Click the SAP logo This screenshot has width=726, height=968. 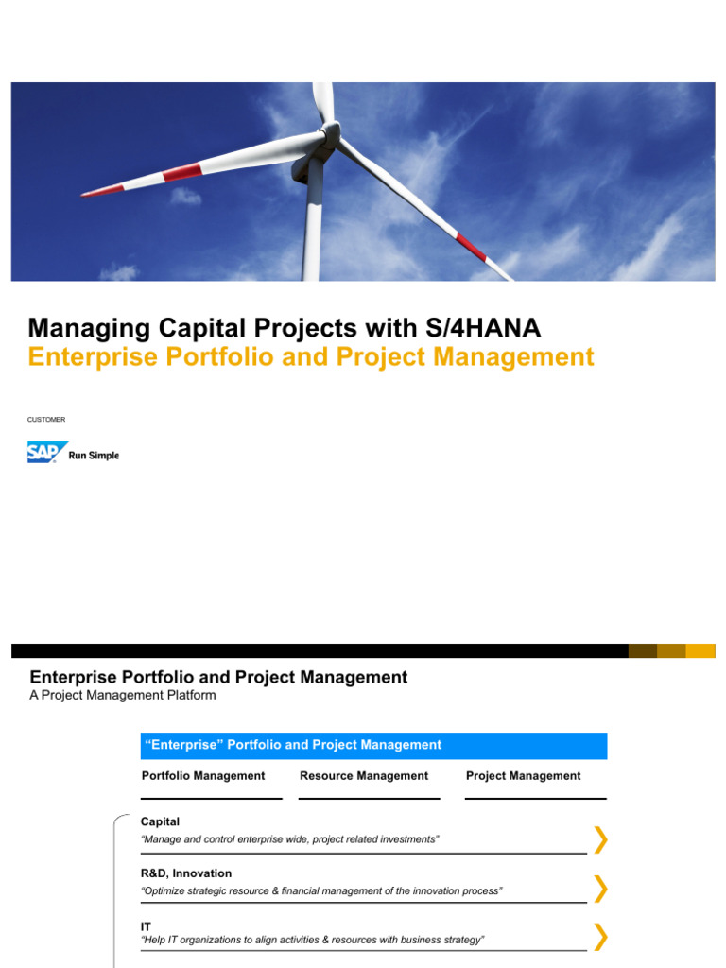point(47,453)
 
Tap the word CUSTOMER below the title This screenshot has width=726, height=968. point(46,419)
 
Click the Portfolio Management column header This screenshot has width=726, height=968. point(203,776)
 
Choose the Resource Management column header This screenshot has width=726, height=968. point(364,776)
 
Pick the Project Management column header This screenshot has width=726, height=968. point(524,776)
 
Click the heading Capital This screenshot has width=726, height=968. point(160,822)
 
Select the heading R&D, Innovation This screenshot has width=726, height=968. point(186,873)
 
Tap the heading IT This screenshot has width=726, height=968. point(146,926)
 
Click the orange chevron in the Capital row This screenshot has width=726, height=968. point(600,838)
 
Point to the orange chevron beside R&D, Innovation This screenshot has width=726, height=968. point(600,889)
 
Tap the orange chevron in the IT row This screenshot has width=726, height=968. point(600,937)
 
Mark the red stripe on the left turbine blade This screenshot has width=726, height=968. point(181,173)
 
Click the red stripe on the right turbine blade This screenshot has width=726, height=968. point(470,248)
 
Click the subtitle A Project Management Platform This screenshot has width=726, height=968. point(123,696)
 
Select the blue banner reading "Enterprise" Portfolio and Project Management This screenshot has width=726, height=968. point(373,745)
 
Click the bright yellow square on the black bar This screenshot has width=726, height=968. point(700,650)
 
